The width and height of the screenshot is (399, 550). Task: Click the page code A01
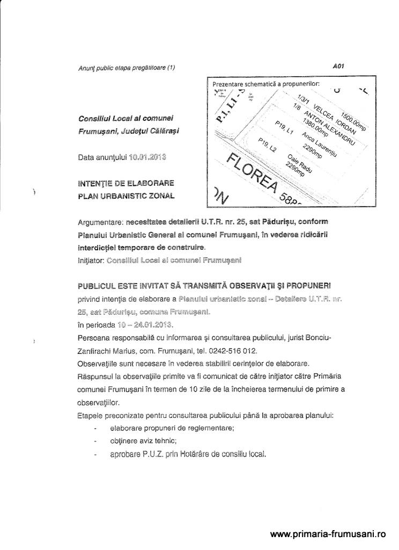(337, 66)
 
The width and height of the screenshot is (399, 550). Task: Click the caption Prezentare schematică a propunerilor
(266, 84)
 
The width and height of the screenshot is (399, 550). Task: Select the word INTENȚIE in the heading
(94, 183)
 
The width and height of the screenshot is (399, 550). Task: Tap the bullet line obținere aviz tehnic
(143, 441)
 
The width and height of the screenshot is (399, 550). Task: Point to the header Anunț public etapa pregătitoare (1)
(126, 67)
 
